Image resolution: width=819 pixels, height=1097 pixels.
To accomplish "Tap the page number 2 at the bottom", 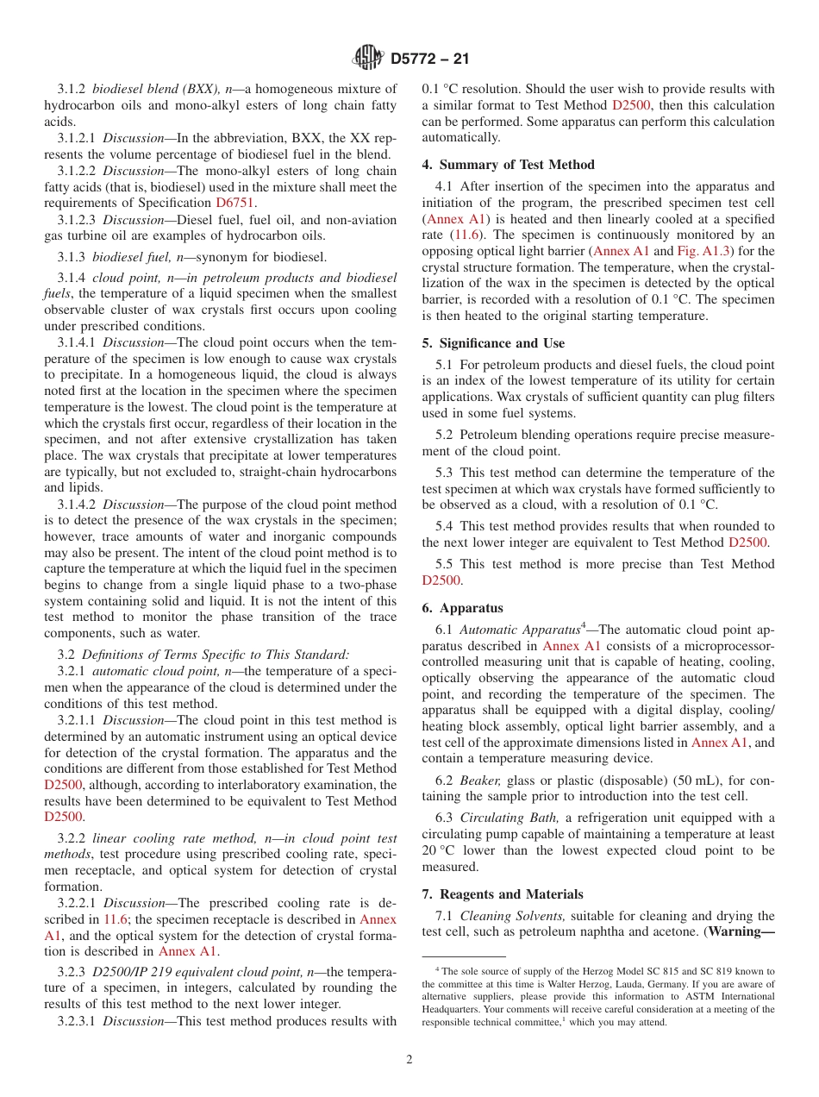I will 409,1059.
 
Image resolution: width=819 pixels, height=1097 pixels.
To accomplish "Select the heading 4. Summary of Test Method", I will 508,165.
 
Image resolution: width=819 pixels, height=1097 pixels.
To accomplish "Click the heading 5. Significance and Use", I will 493,343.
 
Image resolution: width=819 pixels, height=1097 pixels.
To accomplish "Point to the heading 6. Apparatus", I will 462,608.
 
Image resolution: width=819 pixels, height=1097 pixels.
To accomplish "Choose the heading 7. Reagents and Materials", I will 503,894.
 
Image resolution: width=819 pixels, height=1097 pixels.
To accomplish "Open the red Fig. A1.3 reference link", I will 702,251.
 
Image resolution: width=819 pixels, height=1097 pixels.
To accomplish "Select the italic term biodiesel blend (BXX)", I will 156,89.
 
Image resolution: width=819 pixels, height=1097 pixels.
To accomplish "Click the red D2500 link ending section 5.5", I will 441,580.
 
